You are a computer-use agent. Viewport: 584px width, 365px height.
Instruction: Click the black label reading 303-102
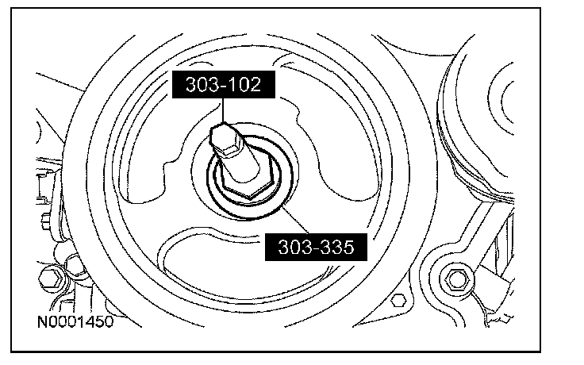coord(224,85)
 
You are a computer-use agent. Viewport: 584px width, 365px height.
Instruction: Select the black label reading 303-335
coord(316,248)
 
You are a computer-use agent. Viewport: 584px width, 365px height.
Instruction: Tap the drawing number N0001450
coord(75,322)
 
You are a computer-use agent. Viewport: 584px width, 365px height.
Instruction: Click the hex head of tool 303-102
coord(225,140)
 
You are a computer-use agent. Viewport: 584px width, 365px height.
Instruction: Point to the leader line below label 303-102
coord(223,110)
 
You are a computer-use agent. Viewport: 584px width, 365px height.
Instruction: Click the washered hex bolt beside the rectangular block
coord(456,279)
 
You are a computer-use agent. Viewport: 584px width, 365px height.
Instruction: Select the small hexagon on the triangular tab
coord(398,299)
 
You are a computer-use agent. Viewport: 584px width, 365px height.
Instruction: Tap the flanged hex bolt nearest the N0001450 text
coord(52,279)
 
